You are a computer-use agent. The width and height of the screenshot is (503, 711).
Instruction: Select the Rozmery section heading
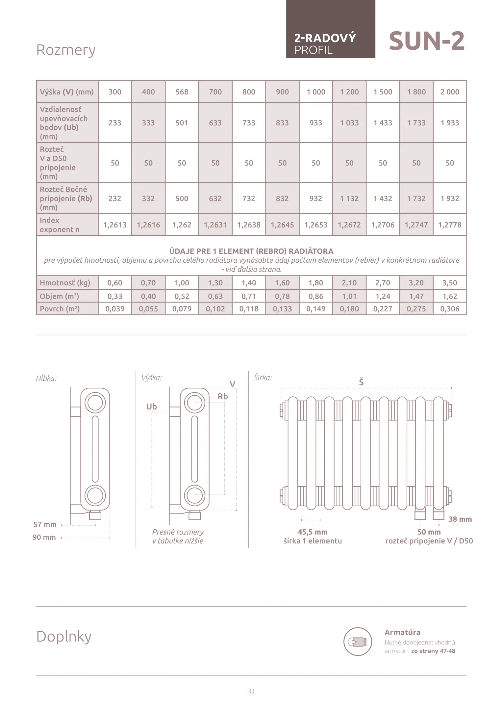point(66,50)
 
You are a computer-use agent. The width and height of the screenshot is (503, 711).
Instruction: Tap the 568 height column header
point(182,92)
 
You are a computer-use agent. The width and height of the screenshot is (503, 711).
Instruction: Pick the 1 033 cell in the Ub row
point(349,123)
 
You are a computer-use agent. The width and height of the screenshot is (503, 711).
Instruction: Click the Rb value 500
point(182,198)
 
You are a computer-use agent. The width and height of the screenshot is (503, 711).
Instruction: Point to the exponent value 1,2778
point(450,225)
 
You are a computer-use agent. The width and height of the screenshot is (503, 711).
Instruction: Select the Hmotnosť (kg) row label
point(65,283)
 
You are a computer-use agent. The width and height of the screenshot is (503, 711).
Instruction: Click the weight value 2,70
point(383,283)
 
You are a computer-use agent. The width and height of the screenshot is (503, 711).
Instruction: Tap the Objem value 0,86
point(316,296)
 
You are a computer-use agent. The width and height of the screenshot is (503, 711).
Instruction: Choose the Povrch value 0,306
point(450,309)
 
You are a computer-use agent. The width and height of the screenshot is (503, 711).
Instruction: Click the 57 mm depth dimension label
point(45,524)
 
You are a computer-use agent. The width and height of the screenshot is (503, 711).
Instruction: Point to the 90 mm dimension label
point(44,537)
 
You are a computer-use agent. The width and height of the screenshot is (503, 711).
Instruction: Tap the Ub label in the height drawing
point(152,407)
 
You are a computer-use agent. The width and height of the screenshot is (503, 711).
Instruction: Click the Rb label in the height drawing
point(223,396)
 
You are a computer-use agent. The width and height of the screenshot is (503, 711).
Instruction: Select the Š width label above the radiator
point(361,382)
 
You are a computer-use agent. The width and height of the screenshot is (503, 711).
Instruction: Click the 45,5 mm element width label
point(313,532)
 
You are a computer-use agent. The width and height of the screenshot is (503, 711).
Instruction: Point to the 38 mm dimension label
point(460,519)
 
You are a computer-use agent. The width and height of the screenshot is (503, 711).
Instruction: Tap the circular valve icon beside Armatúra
point(358,642)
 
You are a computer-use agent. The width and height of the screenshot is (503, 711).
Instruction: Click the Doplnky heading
point(64,636)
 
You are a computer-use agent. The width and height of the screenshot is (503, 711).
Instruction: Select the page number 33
point(251,691)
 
